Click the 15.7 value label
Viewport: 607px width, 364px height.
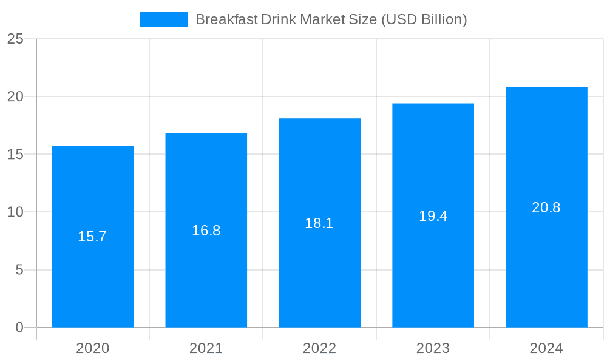[x=92, y=237]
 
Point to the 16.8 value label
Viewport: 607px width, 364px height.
[x=206, y=231]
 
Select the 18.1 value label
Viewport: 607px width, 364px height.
[x=319, y=223]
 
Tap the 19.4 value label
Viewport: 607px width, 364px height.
[x=433, y=215]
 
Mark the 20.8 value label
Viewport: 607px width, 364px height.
[x=546, y=207]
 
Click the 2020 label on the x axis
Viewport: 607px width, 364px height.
[x=93, y=348]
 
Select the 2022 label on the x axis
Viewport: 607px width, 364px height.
[x=319, y=348]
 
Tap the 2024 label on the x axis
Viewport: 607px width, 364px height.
[x=546, y=348]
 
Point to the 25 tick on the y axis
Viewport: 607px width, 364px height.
[x=15, y=39]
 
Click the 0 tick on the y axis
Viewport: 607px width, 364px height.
[x=19, y=328]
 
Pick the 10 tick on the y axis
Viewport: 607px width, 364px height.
[x=15, y=212]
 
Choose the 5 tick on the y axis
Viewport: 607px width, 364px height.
[x=19, y=270]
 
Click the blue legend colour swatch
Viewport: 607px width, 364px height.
[x=164, y=19]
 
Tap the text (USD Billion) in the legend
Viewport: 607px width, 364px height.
[x=424, y=19]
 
